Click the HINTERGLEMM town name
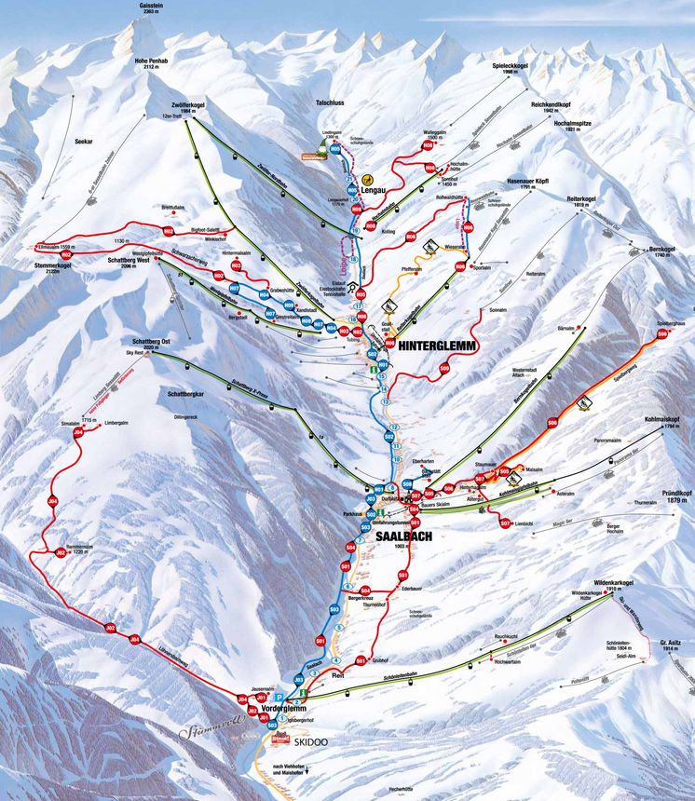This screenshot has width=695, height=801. [437, 345]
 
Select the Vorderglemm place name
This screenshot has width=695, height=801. [285, 709]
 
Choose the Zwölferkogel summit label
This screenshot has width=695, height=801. [188, 105]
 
